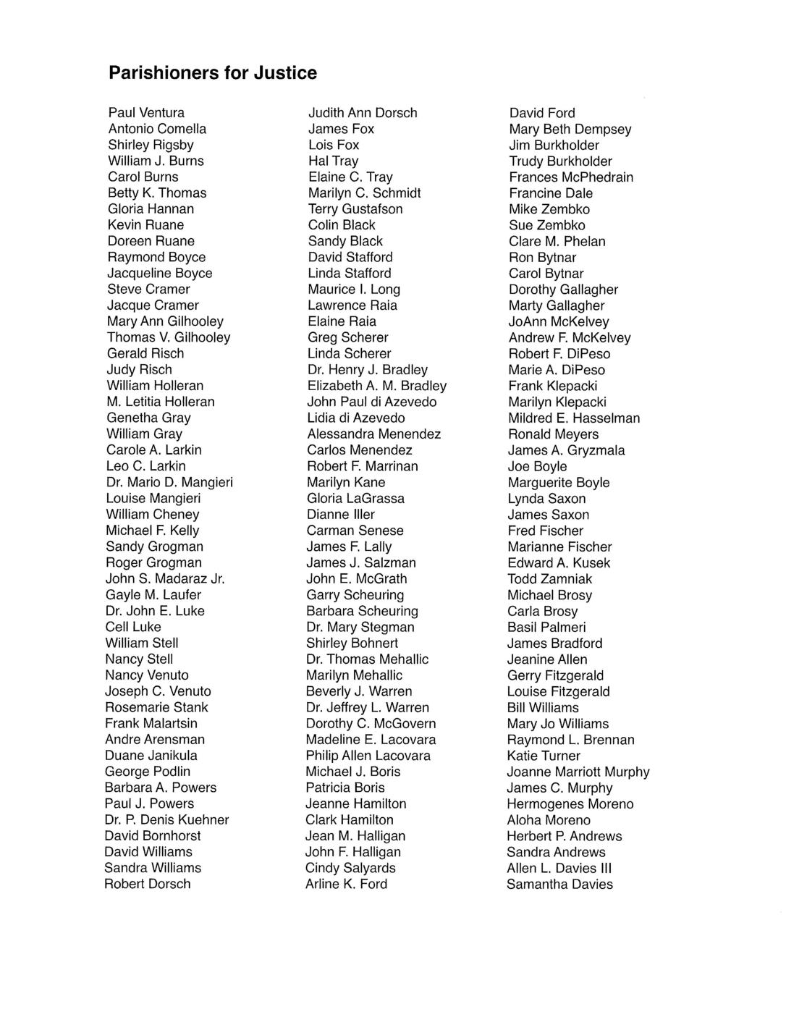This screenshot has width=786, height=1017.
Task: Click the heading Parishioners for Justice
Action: point(212,73)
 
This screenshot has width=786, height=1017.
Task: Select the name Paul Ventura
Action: point(146,113)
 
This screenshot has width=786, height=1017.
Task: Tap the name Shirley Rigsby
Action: point(151,145)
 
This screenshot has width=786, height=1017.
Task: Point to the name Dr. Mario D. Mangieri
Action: point(169,482)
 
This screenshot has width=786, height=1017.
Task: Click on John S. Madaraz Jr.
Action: point(165,578)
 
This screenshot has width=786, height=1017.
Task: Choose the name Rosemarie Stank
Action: point(156,707)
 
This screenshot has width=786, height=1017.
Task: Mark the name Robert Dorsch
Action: point(148,884)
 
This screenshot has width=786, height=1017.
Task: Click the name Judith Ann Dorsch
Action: point(363,113)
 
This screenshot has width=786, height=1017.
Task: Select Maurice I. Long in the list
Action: point(354,290)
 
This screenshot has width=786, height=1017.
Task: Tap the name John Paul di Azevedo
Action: point(372,402)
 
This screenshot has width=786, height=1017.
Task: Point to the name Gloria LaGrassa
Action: point(355,498)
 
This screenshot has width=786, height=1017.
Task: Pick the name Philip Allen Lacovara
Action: point(368,756)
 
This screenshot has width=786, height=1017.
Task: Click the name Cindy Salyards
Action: point(350,868)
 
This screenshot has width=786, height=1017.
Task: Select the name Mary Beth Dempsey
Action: point(570,130)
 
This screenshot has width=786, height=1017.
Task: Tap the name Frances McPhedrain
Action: point(571,177)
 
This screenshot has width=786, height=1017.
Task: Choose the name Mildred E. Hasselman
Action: point(574,418)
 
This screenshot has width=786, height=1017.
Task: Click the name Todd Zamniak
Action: point(549,579)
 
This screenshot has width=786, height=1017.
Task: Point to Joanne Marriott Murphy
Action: point(578,772)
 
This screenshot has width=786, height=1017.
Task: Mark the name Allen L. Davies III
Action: point(559,868)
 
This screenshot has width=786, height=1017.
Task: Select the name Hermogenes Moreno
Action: point(570,804)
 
